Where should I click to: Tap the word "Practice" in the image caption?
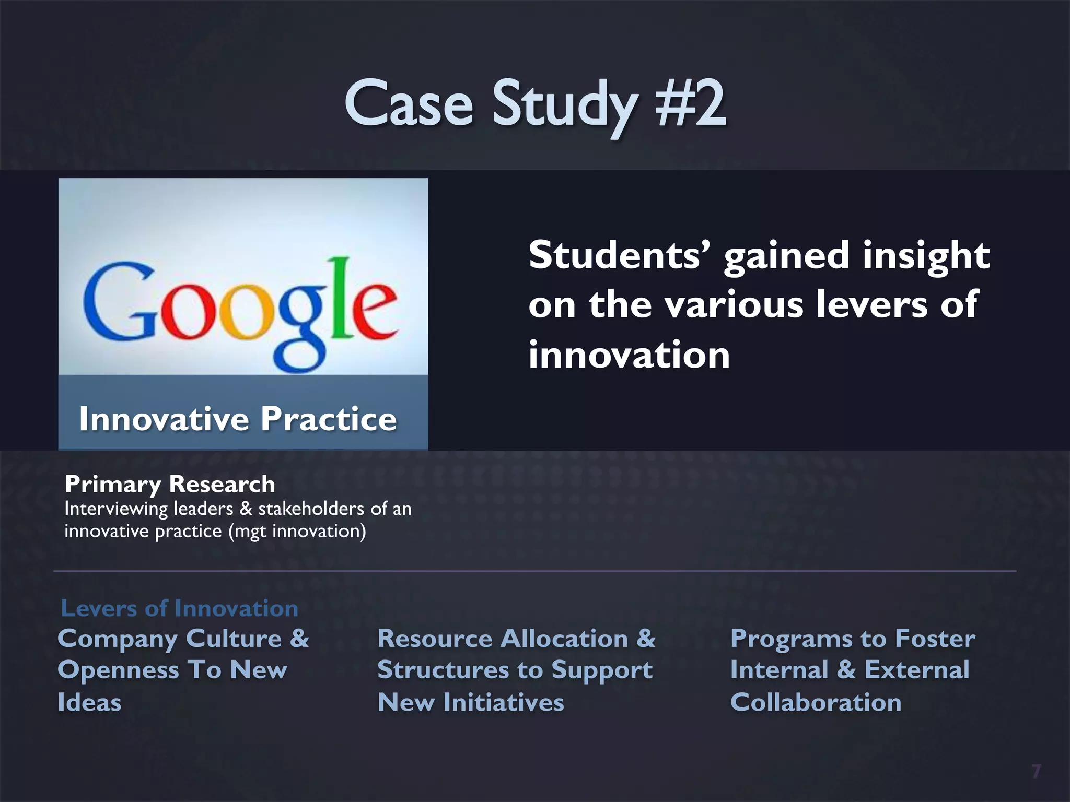[329, 419]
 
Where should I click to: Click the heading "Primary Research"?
[170, 485]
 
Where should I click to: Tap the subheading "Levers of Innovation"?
[179, 608]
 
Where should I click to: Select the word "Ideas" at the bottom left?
[89, 703]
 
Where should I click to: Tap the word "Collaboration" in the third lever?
[816, 703]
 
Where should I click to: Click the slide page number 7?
[1036, 771]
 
